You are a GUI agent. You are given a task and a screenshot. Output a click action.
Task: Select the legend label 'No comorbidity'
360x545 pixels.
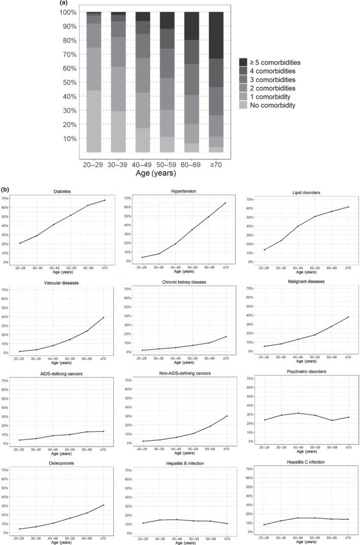(x=275, y=106)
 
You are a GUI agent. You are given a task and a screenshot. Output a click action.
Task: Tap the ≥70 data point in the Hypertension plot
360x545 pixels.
(x=225, y=203)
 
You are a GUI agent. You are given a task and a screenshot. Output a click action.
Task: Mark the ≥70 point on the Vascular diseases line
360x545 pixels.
(x=104, y=318)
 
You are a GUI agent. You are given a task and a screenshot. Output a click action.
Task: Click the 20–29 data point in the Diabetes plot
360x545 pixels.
(x=20, y=243)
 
